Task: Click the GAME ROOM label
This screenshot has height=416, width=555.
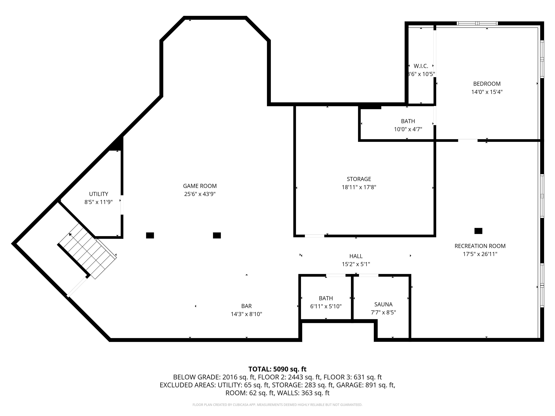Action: point(200,186)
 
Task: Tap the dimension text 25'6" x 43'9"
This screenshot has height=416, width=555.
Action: point(200,194)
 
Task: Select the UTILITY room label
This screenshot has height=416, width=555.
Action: point(99,194)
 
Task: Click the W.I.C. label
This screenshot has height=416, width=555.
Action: point(421,66)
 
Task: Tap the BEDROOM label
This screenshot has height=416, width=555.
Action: point(487,84)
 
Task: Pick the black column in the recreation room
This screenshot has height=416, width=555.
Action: point(478,231)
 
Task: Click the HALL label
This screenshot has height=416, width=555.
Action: point(356,256)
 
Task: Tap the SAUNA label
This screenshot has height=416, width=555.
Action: point(383,304)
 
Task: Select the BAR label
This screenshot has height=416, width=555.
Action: point(246,306)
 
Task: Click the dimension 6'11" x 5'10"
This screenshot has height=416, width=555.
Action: point(326,306)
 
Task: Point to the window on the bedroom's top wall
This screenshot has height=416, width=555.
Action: point(477,23)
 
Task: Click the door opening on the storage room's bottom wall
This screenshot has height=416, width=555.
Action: point(314,236)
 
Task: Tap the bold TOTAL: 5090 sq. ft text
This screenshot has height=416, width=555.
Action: point(277,369)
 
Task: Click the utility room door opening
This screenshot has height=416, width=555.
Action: point(122,205)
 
